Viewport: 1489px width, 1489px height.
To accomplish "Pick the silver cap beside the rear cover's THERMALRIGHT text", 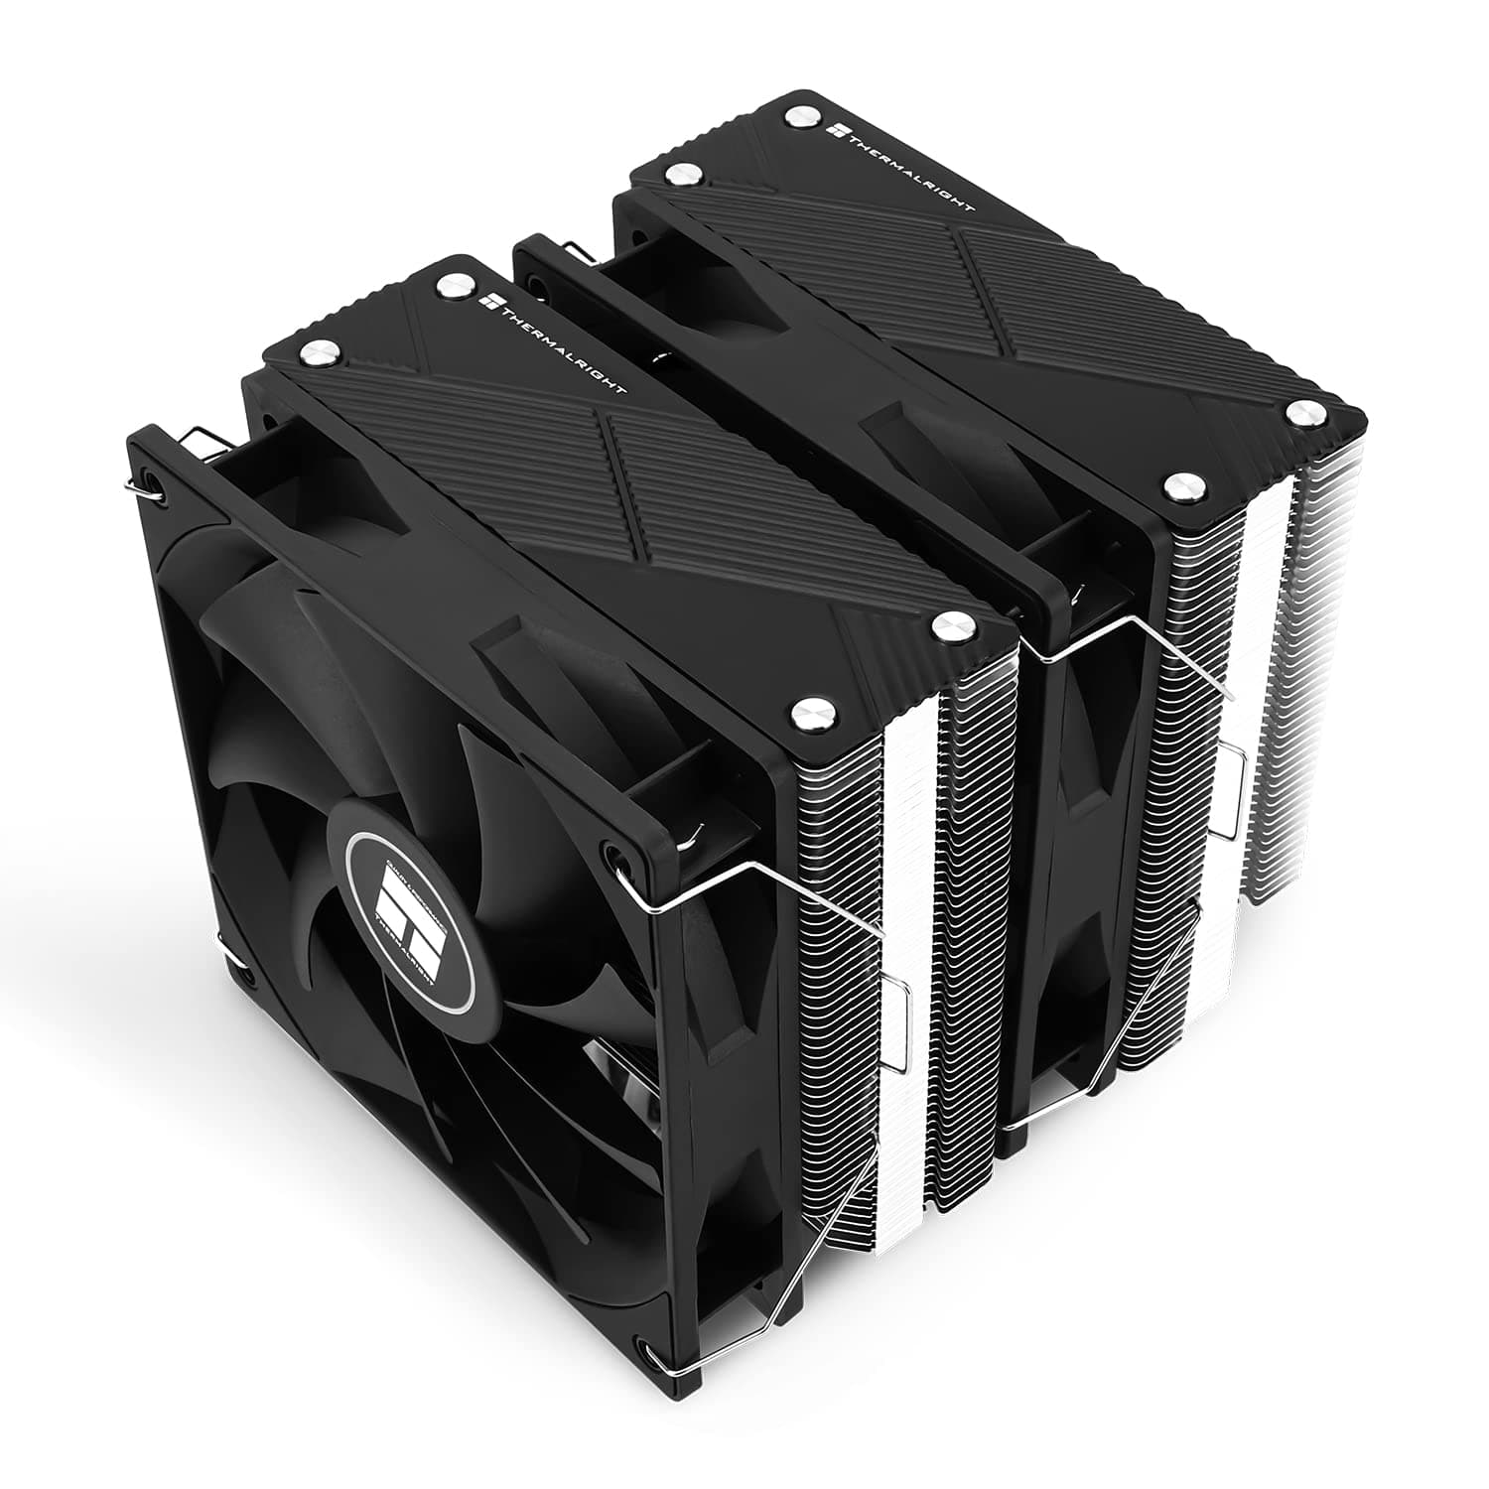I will click(x=798, y=116).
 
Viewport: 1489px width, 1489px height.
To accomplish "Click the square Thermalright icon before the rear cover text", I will click(x=833, y=130).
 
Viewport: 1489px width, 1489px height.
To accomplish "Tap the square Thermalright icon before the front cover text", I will click(x=486, y=300).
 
